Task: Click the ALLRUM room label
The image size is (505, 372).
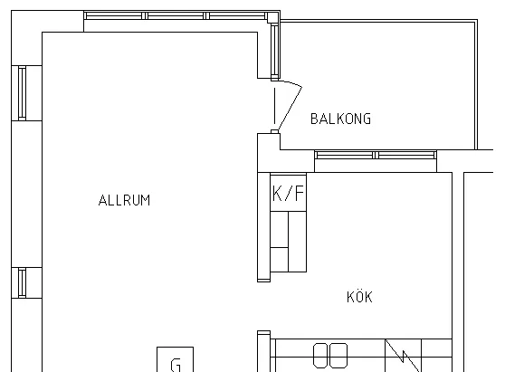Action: (124, 200)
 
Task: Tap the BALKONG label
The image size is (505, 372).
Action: (341, 119)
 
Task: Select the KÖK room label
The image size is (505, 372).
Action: (360, 296)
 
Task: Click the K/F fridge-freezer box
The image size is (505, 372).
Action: (289, 192)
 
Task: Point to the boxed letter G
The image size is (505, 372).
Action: (176, 359)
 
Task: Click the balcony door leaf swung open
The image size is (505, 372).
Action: (290, 109)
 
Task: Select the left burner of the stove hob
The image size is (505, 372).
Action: (321, 356)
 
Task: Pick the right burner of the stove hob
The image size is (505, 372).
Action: (339, 356)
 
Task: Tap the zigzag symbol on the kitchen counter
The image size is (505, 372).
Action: (404, 356)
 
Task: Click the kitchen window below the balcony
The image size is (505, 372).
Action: (376, 156)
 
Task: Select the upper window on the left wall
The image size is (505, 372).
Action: (22, 93)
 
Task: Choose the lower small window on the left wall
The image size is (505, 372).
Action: (22, 282)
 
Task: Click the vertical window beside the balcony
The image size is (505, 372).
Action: (274, 51)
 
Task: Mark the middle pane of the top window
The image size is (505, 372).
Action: (176, 15)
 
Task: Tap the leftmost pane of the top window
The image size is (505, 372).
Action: (114, 15)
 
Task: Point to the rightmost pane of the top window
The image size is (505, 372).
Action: (237, 15)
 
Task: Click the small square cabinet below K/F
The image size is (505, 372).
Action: (280, 260)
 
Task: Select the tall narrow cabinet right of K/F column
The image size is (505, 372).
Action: (297, 242)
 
